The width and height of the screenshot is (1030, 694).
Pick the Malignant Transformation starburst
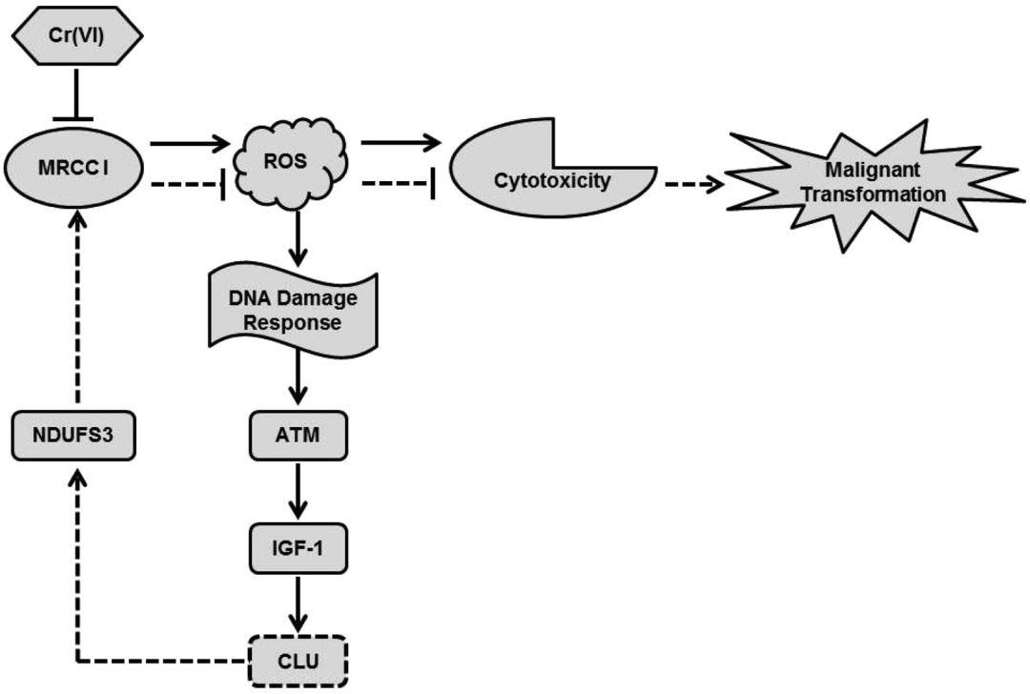click(x=873, y=184)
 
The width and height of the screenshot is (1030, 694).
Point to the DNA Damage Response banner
click(x=294, y=312)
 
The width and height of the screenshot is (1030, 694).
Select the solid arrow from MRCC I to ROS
click(x=191, y=144)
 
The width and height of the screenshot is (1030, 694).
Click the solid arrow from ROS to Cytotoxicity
click(x=402, y=143)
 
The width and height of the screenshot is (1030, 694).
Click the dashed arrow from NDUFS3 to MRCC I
click(x=76, y=315)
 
